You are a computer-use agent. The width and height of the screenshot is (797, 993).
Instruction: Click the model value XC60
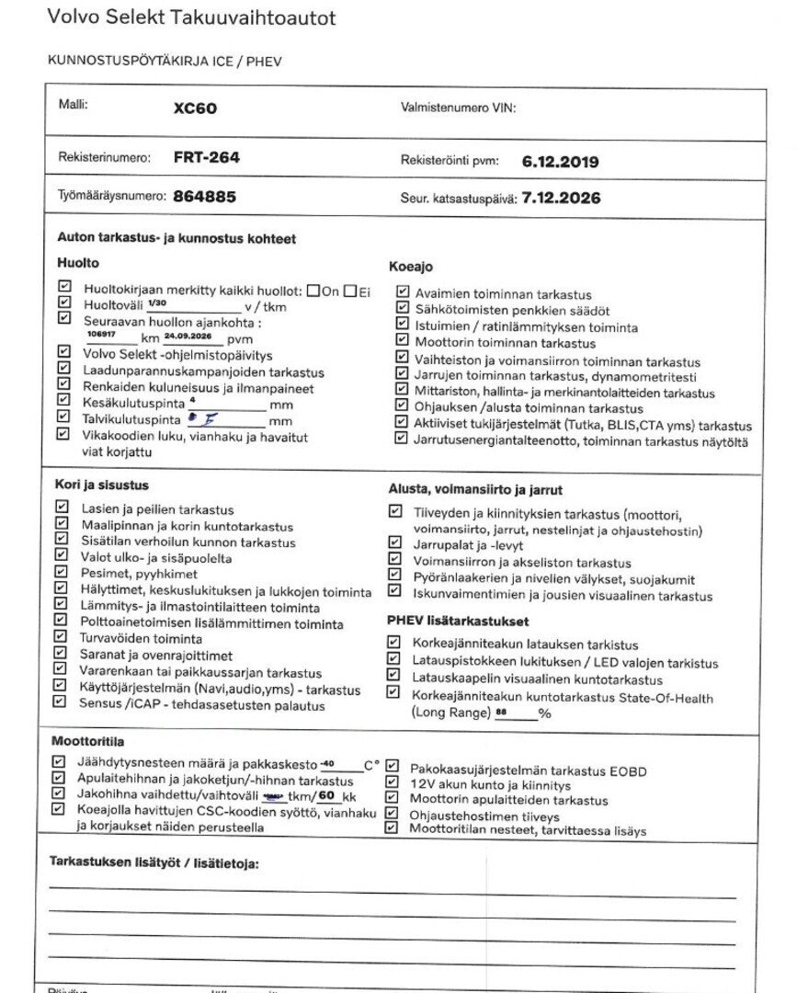pos(196,108)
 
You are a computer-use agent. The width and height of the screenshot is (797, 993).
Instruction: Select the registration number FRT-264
pos(206,157)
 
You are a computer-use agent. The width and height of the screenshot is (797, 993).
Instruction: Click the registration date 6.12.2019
pos(560,161)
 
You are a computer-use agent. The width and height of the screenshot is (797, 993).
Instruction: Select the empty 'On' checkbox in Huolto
pos(314,291)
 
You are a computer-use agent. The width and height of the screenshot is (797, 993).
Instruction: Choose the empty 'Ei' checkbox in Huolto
pos(350,291)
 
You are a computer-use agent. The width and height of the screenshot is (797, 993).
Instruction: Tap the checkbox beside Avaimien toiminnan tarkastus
pos(402,292)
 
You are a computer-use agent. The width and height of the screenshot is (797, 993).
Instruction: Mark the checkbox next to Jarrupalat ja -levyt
pos(393,544)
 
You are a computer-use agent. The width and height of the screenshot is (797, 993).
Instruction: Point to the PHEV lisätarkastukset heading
pos(457,622)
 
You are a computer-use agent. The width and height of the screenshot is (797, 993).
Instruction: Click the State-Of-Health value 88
pos(501,713)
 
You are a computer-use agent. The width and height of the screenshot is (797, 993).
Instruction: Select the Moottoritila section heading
pos(88,741)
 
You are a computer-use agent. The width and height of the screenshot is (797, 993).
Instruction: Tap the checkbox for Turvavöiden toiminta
pos(62,637)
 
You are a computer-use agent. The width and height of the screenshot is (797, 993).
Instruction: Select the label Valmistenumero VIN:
pos(459,108)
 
